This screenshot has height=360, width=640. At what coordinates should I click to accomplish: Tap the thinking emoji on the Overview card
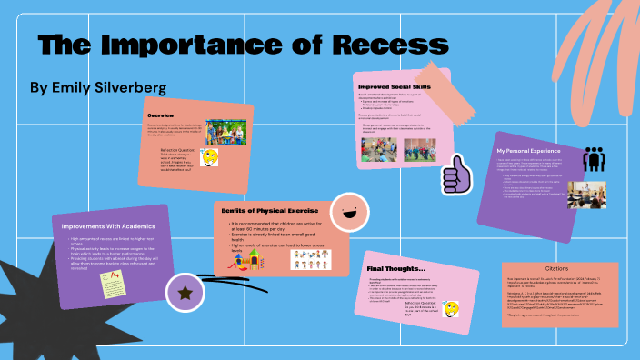(x=210, y=156)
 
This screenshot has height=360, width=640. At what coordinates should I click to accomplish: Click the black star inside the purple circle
(x=186, y=292)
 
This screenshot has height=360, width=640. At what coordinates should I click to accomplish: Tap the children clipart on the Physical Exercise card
(x=312, y=258)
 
